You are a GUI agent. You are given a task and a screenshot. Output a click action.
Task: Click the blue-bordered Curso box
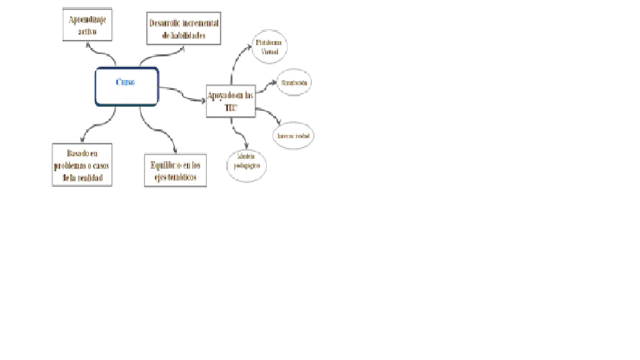pyautogui.click(x=127, y=87)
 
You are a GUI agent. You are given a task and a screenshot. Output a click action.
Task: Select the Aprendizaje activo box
pyautogui.click(x=87, y=25)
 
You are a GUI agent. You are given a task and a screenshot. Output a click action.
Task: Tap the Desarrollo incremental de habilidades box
pyautogui.click(x=184, y=29)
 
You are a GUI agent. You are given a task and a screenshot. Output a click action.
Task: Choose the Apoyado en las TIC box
pyautogui.click(x=231, y=101)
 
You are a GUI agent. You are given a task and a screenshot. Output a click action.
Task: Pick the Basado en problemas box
pyautogui.click(x=83, y=165)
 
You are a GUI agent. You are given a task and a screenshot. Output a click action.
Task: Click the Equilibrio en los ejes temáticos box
pyautogui.click(x=175, y=171)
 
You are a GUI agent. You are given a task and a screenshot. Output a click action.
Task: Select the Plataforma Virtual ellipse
pyautogui.click(x=269, y=47)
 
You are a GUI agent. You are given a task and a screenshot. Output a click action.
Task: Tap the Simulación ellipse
pyautogui.click(x=293, y=83)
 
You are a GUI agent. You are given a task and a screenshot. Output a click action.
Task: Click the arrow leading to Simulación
pyautogui.click(x=266, y=86)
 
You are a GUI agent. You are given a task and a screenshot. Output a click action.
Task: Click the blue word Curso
pyautogui.click(x=125, y=82)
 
